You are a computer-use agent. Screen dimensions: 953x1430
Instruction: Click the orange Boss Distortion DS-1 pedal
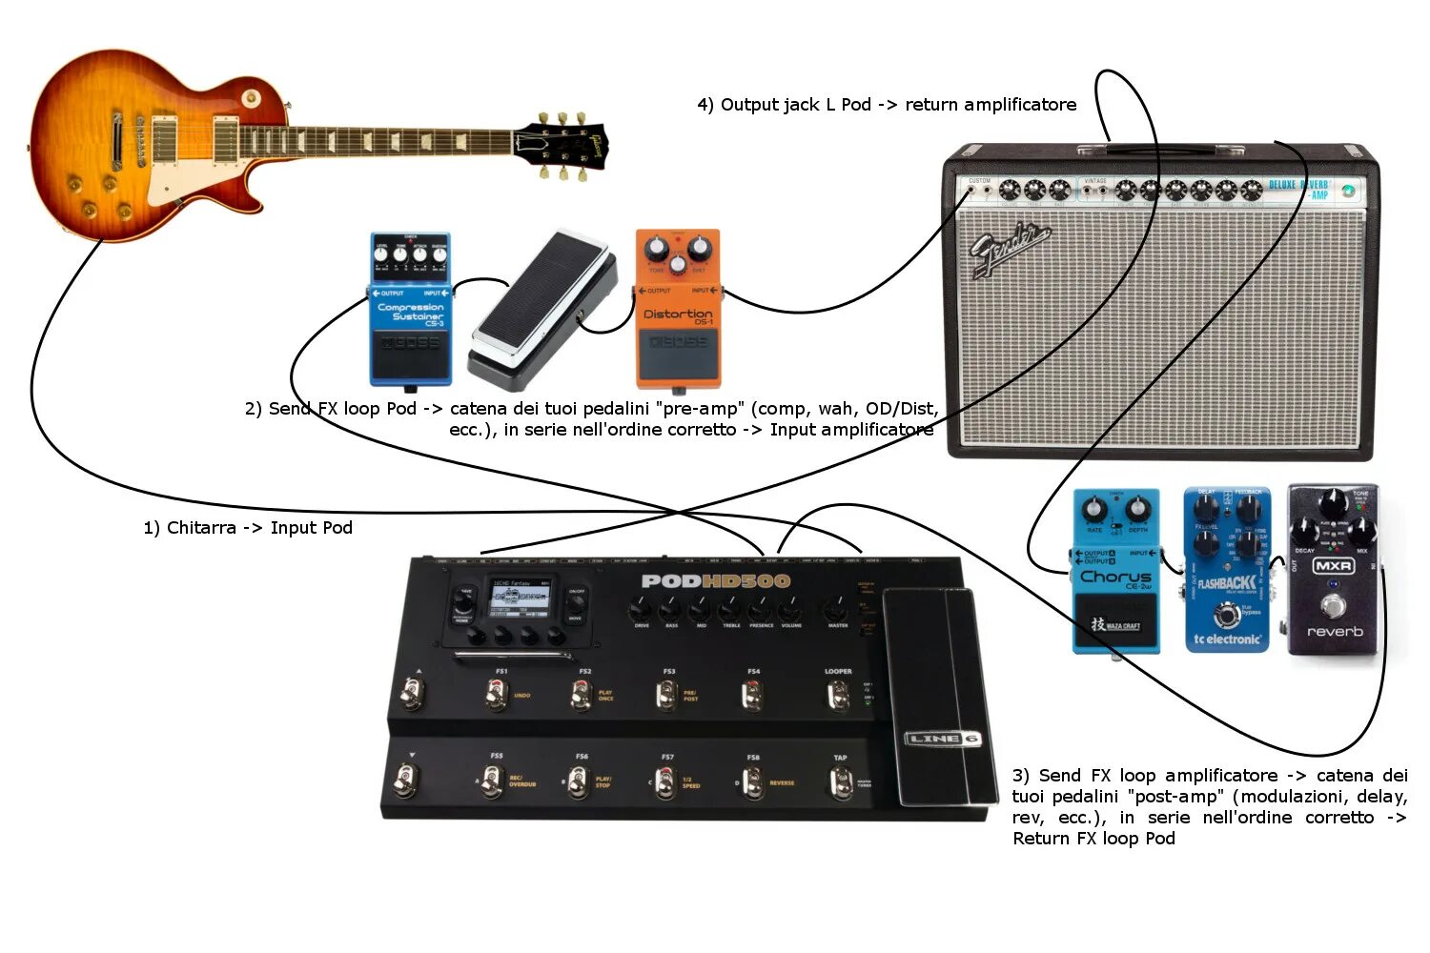pyautogui.click(x=678, y=310)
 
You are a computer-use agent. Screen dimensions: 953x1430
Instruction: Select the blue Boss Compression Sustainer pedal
pyautogui.click(x=410, y=310)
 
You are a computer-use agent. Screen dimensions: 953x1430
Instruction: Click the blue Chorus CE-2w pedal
pyautogui.click(x=1116, y=572)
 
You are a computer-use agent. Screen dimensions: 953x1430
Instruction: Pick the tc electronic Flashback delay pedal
pyautogui.click(x=1227, y=572)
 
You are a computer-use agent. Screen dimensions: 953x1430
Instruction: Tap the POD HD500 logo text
pyautogui.click(x=716, y=580)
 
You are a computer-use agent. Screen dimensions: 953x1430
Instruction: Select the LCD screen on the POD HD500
pyautogui.click(x=520, y=599)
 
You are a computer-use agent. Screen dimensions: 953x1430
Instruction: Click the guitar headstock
pyautogui.click(x=562, y=146)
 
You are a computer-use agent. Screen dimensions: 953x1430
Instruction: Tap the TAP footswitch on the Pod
pyautogui.click(x=840, y=783)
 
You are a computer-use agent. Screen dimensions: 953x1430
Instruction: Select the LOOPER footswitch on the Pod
pyautogui.click(x=837, y=697)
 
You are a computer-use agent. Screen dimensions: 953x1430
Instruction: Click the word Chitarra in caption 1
pyautogui.click(x=201, y=528)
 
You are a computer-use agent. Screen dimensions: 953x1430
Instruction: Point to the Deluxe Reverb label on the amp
pyautogui.click(x=1298, y=189)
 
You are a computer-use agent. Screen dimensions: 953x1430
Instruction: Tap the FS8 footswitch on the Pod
pyautogui.click(x=754, y=783)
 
